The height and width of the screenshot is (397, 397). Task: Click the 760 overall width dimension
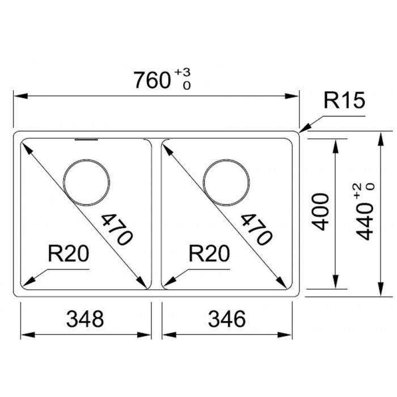click(x=151, y=80)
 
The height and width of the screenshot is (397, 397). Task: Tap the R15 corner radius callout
click(x=344, y=100)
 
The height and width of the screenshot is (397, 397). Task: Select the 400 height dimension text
click(x=320, y=212)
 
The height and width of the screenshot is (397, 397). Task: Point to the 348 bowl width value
click(x=85, y=319)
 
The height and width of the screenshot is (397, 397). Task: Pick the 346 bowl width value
click(x=227, y=319)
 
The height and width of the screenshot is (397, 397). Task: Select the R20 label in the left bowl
click(x=69, y=254)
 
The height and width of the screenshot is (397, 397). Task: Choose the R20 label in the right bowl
click(x=209, y=254)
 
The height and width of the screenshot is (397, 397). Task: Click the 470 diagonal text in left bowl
click(x=117, y=229)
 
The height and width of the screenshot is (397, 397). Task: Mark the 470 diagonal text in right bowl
click(x=256, y=229)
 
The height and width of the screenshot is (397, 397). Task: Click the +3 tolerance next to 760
click(x=182, y=73)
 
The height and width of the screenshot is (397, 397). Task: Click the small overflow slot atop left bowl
click(x=86, y=140)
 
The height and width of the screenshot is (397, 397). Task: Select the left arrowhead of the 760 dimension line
click(x=20, y=96)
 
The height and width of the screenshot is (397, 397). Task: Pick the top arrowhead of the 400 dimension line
click(x=335, y=146)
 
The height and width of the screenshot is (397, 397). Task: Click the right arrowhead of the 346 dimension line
click(x=285, y=335)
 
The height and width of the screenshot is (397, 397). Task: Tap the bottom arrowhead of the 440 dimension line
click(x=381, y=289)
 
